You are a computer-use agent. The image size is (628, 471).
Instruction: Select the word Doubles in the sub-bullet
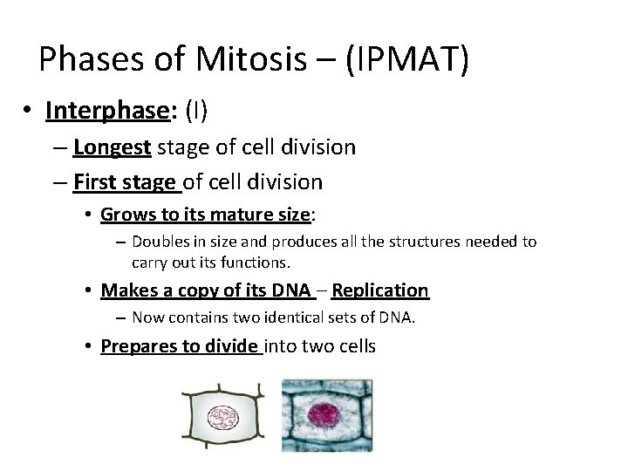[160, 242]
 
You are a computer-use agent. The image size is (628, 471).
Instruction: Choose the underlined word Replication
[380, 290]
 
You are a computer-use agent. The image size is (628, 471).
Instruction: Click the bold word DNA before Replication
[291, 290]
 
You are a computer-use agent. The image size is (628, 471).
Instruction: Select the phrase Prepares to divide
[181, 346]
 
